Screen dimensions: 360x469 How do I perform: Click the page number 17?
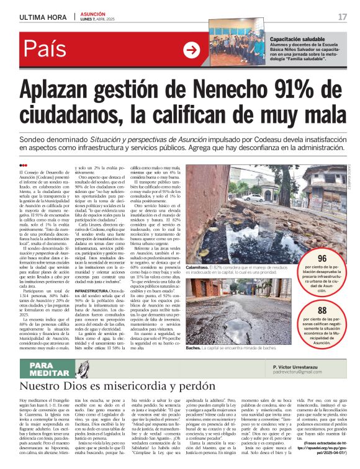(x=342, y=17)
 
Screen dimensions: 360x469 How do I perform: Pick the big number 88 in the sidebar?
(x=322, y=311)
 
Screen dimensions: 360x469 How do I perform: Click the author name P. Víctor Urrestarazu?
(x=305, y=367)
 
